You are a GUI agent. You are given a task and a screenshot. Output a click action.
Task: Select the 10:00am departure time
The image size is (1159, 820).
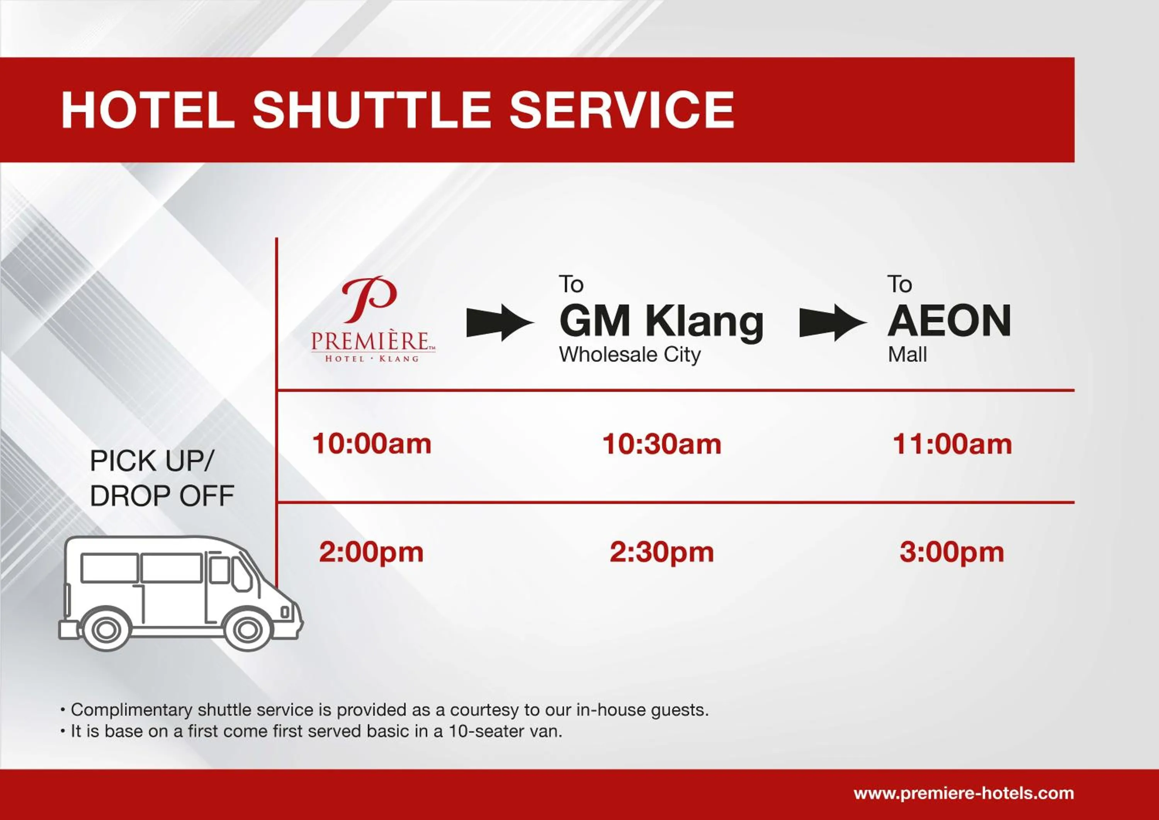tap(372, 444)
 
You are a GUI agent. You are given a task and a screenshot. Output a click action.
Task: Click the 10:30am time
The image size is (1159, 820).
tap(662, 444)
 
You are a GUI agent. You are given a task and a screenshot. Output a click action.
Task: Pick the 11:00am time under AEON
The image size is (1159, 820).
tap(952, 444)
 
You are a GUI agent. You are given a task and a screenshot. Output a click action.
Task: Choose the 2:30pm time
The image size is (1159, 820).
tap(662, 552)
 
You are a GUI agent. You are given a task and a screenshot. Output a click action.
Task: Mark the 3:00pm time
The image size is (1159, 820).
tap(952, 552)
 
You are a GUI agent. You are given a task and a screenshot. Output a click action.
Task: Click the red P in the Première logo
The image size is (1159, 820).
tap(370, 299)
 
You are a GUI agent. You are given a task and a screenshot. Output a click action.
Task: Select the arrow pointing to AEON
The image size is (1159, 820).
tap(833, 322)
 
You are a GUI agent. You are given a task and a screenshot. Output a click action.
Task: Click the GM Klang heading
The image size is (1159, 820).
tap(661, 322)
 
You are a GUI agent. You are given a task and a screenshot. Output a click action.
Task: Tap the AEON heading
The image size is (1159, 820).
tap(949, 321)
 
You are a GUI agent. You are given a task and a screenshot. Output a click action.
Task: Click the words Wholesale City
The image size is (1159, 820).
tap(629, 355)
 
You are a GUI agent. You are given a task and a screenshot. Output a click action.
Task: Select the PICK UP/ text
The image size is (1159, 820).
tap(151, 461)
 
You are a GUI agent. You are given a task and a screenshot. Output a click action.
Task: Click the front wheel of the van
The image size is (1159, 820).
tap(247, 629)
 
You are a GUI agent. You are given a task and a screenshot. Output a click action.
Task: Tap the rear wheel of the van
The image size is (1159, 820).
tap(105, 629)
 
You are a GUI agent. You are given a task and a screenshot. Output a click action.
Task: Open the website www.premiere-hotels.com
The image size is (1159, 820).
tap(964, 793)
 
